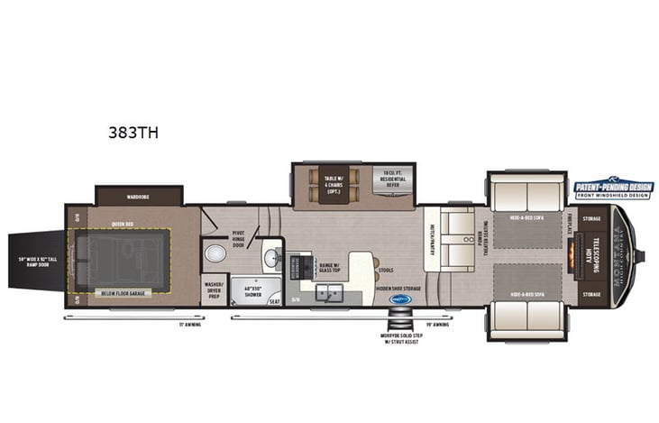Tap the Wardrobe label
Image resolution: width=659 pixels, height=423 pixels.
click(138, 196)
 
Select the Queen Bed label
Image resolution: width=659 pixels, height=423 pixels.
click(124, 223)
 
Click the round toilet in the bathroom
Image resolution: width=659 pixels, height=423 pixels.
click(215, 253)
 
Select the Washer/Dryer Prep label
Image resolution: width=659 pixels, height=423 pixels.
click(214, 289)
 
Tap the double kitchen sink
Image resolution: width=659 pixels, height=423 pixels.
click(329, 293)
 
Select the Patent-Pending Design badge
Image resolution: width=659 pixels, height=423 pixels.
click(614, 188)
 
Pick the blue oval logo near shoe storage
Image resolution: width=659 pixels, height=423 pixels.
click(399, 299)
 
